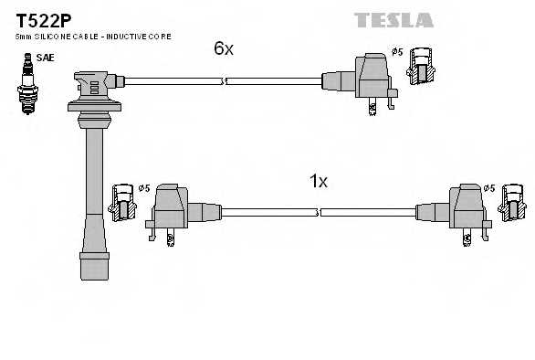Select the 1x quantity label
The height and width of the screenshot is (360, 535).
[x=318, y=181]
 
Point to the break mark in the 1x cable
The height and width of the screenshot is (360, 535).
[x=319, y=212]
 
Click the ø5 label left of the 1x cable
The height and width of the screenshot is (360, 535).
[x=143, y=188]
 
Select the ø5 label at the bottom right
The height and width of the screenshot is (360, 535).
[x=490, y=188]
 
